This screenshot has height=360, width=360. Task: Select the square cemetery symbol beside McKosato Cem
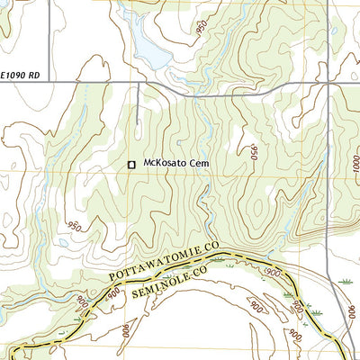point(131,165)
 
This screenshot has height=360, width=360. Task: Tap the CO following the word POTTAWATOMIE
point(212,253)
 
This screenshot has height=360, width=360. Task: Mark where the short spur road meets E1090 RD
point(138,82)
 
